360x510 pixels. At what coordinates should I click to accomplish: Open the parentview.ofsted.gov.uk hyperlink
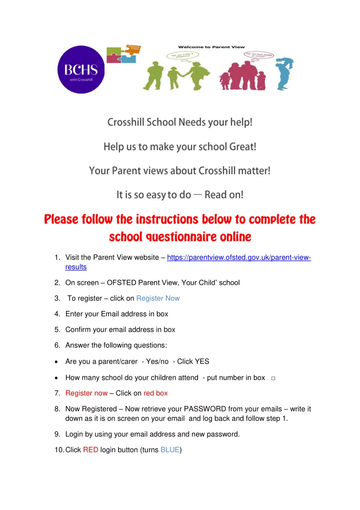[238, 258]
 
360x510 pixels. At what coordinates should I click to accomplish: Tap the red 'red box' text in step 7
[155, 393]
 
